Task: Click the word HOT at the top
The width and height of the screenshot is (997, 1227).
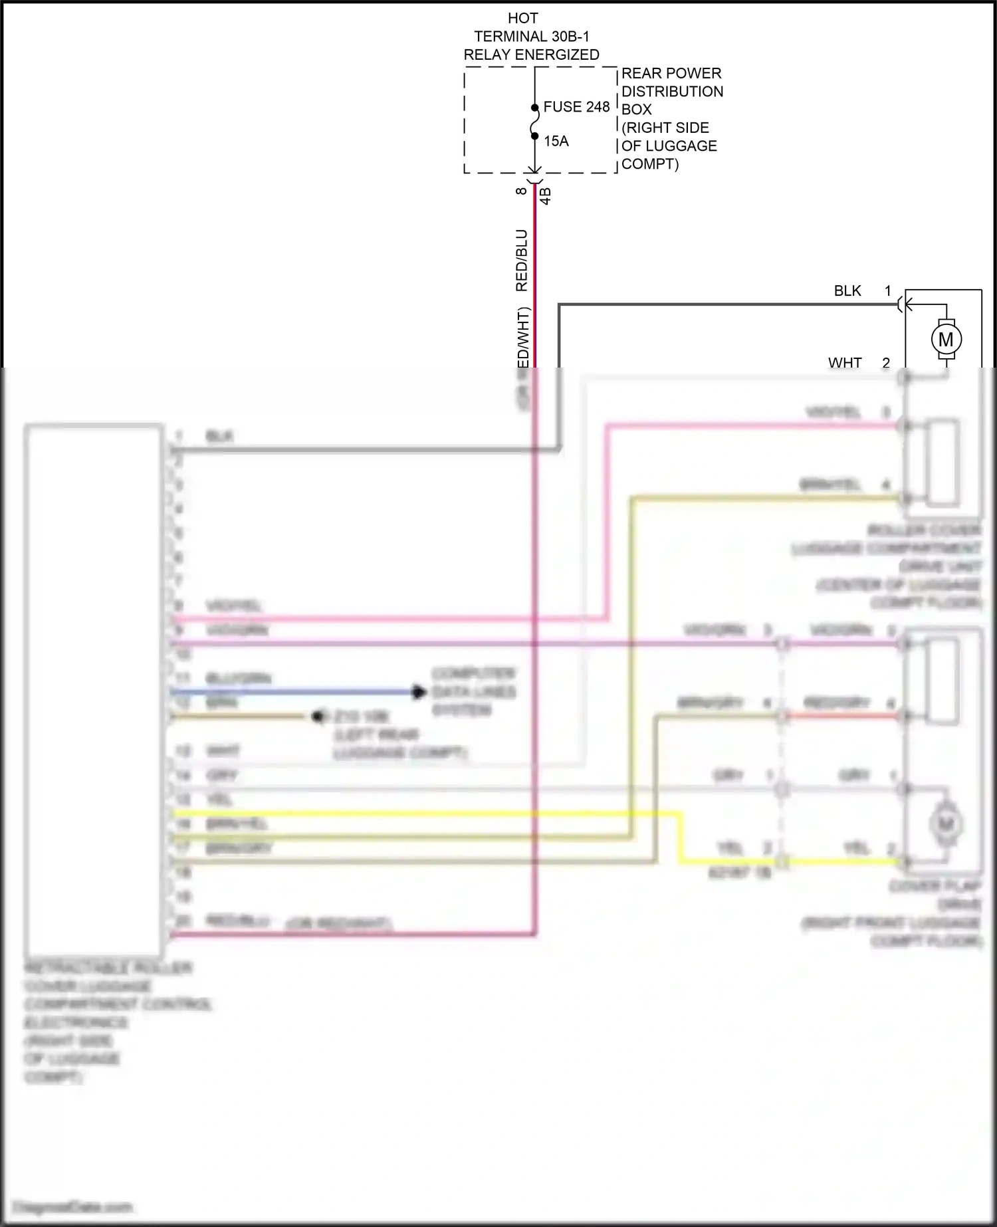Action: (x=522, y=18)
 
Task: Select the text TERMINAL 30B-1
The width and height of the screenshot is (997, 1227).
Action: (x=531, y=37)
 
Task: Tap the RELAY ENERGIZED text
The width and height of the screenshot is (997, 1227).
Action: (x=531, y=55)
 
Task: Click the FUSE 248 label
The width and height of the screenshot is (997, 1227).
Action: (x=576, y=106)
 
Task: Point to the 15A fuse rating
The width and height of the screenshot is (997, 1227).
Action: (x=556, y=141)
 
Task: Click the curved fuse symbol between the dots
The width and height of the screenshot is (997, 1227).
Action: (x=534, y=122)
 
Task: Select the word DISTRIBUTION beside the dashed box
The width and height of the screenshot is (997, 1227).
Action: (x=672, y=91)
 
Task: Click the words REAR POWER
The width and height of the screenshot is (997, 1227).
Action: (x=671, y=73)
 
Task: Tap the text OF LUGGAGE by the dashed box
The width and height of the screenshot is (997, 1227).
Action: (x=669, y=146)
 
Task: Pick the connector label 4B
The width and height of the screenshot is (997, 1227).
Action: (x=546, y=195)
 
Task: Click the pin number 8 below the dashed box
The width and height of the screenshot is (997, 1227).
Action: (x=522, y=191)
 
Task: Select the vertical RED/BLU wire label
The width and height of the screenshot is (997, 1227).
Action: (x=522, y=261)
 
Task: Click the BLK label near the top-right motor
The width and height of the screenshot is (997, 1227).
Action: (x=847, y=290)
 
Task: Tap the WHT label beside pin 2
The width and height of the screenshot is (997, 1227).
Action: (x=844, y=363)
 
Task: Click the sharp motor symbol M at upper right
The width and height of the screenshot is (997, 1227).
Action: (x=945, y=339)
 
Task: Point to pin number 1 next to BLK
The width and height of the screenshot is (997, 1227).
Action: (x=887, y=290)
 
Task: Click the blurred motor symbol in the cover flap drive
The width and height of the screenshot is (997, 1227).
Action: (x=945, y=824)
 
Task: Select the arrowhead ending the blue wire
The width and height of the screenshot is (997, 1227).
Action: (x=418, y=692)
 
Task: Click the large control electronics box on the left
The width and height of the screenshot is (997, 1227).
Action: (x=93, y=688)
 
